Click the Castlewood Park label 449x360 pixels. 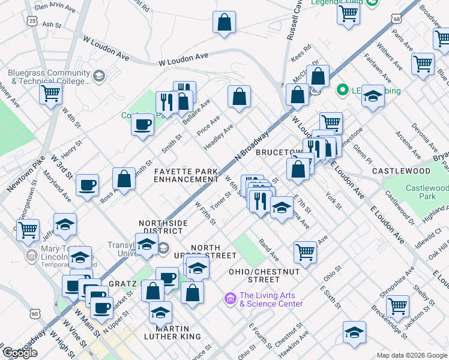pos(427,192)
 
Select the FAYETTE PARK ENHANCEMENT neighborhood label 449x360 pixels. pos(185,175)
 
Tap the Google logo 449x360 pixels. pos(20,353)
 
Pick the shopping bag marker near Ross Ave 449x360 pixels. pos(124,178)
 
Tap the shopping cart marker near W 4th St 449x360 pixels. pos(51,93)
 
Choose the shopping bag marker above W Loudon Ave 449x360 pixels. pos(224,23)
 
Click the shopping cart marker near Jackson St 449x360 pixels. pos(397,305)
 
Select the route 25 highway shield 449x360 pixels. pos(32,21)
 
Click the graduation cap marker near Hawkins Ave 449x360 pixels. pos(354,332)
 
